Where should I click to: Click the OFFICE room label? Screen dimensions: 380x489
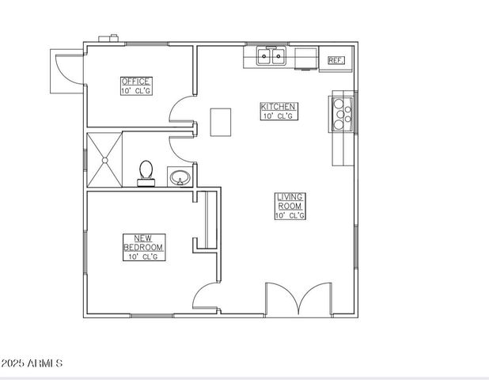pyautogui.click(x=135, y=82)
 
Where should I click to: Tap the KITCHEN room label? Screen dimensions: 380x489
pyautogui.click(x=279, y=106)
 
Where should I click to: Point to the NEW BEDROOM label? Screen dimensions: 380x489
pyautogui.click(x=143, y=242)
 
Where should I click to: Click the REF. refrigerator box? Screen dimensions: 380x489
pyautogui.click(x=335, y=59)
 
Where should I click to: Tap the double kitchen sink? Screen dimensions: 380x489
pyautogui.click(x=271, y=56)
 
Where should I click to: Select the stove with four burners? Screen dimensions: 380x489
pyautogui.click(x=342, y=112)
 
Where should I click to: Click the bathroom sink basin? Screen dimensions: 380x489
pyautogui.click(x=180, y=177)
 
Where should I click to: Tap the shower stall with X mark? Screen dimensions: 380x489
pyautogui.click(x=104, y=160)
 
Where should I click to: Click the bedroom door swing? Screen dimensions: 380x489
pyautogui.click(x=205, y=299)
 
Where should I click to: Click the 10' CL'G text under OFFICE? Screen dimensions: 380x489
pyautogui.click(x=135, y=91)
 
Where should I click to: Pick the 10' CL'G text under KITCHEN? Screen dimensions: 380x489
pyautogui.click(x=279, y=116)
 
